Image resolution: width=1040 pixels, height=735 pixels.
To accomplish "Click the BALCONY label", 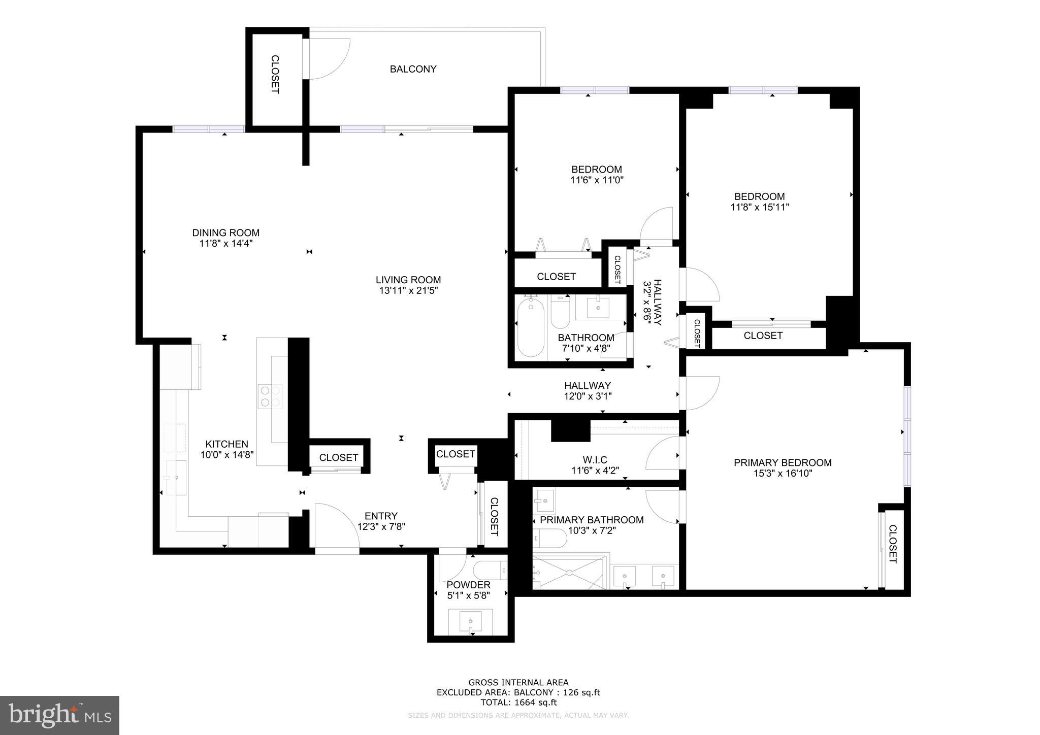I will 413,69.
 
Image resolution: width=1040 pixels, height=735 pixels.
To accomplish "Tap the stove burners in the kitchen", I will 270,396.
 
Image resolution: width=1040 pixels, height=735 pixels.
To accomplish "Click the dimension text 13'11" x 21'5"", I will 408,291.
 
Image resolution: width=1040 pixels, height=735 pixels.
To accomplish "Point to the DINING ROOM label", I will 225,232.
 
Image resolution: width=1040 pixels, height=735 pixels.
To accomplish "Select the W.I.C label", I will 595,460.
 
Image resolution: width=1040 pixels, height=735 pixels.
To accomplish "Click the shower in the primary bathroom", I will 569,573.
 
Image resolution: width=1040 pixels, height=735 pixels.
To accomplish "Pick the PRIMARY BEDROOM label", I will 782,462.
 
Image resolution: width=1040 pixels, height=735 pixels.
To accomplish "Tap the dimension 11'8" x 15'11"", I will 759,207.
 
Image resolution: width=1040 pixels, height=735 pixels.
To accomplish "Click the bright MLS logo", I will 59,715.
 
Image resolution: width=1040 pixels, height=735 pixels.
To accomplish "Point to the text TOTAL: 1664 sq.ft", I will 518,703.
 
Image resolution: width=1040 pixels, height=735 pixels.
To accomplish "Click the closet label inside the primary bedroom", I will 892,544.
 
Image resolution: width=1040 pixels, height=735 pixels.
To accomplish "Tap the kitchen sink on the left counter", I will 176,478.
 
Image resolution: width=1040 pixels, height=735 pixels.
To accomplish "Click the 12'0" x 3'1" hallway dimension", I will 588,396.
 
